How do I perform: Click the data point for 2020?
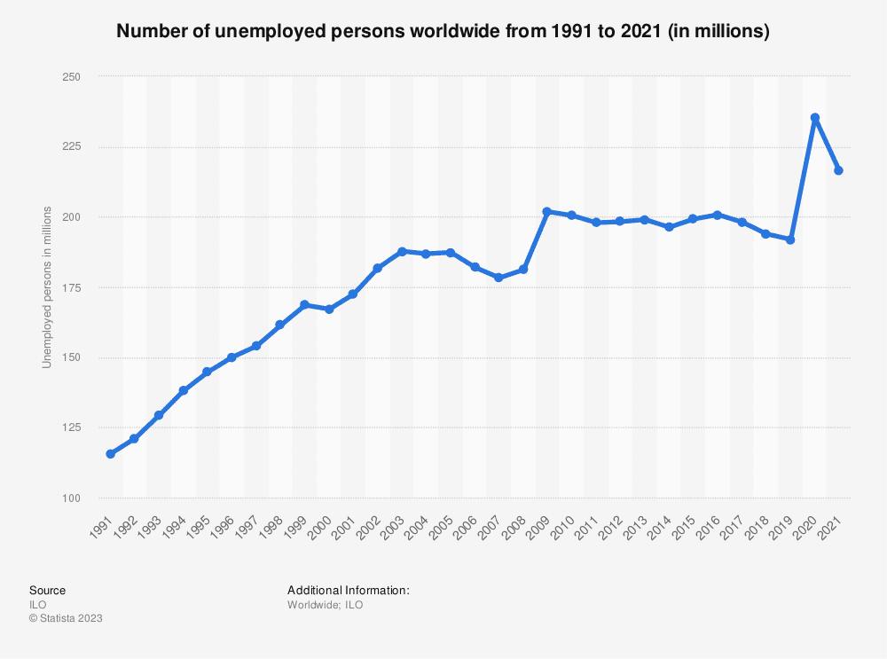(x=814, y=118)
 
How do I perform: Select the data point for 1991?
(x=110, y=454)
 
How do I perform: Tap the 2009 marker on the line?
(x=547, y=212)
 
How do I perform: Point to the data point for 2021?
(x=838, y=170)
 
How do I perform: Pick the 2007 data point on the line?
(x=498, y=278)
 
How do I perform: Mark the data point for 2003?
(x=402, y=252)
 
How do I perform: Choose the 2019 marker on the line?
(x=790, y=240)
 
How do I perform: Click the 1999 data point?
(x=304, y=305)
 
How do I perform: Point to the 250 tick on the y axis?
(x=71, y=77)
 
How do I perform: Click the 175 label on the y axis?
(x=71, y=287)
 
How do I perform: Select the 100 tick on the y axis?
(x=71, y=498)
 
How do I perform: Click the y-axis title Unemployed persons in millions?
(x=47, y=288)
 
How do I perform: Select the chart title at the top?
(x=443, y=32)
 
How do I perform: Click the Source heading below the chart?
(x=47, y=590)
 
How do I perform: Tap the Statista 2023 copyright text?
(x=66, y=619)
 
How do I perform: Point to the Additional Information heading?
(x=348, y=590)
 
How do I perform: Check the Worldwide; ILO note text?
(x=325, y=605)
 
